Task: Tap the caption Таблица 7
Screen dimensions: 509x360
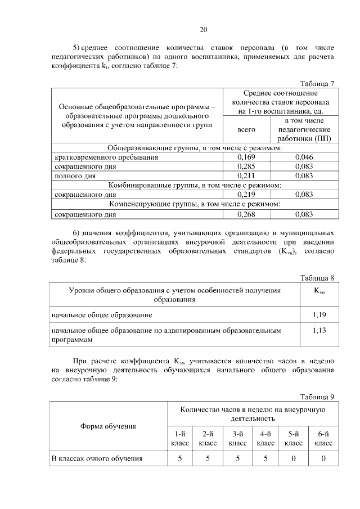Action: click(317, 83)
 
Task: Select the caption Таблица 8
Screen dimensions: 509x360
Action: click(317, 278)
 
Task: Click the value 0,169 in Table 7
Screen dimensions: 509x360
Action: click(247, 157)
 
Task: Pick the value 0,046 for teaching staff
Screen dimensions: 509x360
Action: click(303, 157)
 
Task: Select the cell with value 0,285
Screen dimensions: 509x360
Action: click(247, 166)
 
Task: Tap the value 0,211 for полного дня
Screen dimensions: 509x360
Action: click(247, 175)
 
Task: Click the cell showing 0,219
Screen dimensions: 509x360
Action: click(247, 194)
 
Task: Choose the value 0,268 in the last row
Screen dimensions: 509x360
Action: click(247, 214)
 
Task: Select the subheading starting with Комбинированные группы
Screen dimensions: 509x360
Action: click(194, 185)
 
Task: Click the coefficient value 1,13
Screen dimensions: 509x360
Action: click(319, 331)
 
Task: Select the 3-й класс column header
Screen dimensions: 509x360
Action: click(237, 438)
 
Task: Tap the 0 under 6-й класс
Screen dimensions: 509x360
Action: click(323, 458)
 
